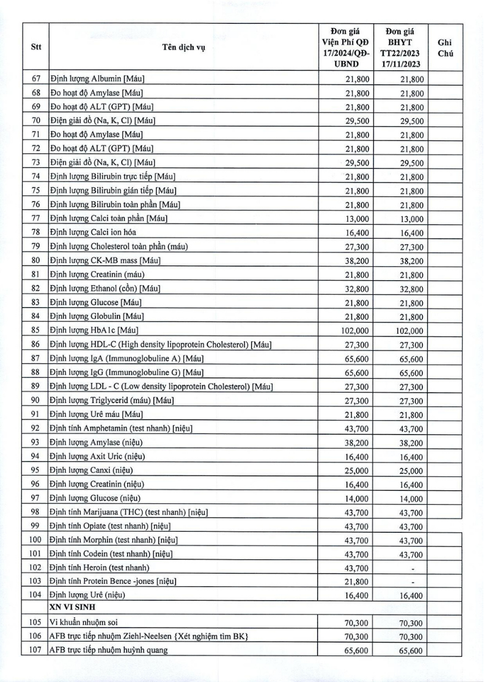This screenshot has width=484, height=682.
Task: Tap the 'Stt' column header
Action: [x=35, y=49]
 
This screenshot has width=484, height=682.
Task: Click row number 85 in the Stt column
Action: [x=35, y=330]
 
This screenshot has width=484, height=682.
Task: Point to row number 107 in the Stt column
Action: [x=35, y=650]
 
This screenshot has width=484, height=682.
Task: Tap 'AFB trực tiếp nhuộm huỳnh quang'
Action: [x=109, y=650]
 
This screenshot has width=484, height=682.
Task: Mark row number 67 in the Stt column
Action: [x=35, y=78]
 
